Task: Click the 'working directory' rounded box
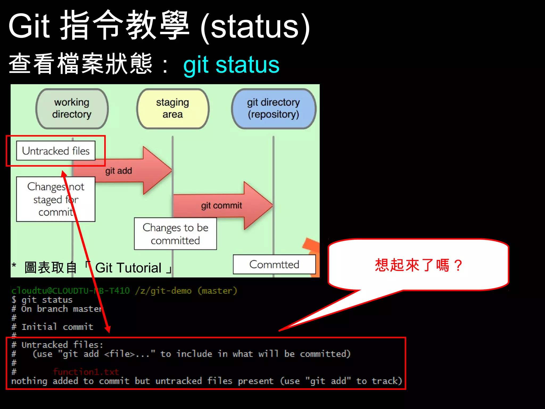(x=72, y=108)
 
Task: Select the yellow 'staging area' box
(x=173, y=108)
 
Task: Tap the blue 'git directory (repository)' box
(x=274, y=108)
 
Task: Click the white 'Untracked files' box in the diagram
(x=56, y=151)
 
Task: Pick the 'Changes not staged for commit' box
(x=56, y=199)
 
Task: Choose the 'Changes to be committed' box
(x=175, y=234)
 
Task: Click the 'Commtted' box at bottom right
(x=274, y=264)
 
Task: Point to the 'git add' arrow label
(x=119, y=171)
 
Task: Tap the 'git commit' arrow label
(x=221, y=206)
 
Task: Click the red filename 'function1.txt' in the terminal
(x=86, y=372)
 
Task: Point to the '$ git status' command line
(x=42, y=300)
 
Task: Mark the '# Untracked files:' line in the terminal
(x=57, y=345)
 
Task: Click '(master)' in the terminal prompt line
(x=217, y=291)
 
